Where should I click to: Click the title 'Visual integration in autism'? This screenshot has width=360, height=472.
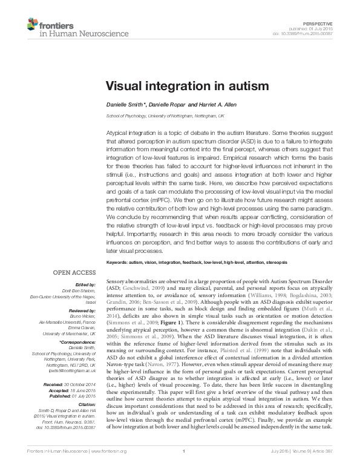click(x=180, y=87)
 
